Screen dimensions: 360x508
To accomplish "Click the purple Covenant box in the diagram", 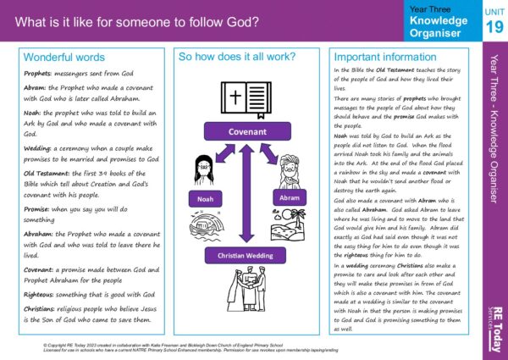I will tap(241, 133).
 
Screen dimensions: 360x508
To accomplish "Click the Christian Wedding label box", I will tap(242, 256).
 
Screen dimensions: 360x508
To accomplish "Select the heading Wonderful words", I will tap(64, 58).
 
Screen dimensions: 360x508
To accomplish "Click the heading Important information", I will tap(384, 58).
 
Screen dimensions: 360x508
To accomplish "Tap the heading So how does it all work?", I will tap(236, 57).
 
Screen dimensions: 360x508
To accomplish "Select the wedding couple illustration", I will tap(243, 301).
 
